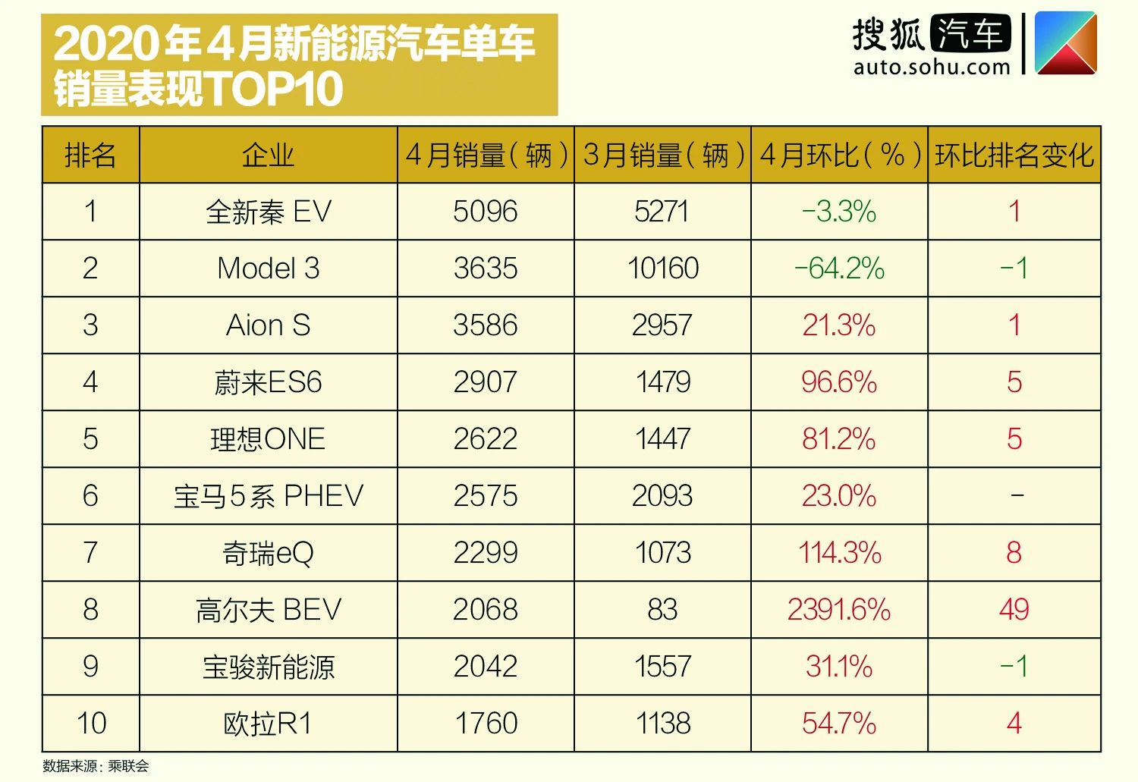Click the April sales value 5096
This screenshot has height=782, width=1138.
[x=486, y=212]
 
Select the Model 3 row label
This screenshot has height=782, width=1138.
[x=269, y=269]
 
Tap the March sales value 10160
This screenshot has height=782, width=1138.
[x=662, y=269]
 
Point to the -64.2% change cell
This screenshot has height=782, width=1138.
[x=839, y=269]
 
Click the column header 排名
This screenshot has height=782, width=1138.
[x=90, y=155]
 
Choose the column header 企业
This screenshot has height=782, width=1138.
[x=269, y=155]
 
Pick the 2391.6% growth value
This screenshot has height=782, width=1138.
[x=839, y=610]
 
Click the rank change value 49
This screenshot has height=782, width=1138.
[x=1014, y=610]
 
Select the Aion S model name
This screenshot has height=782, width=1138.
[x=269, y=325]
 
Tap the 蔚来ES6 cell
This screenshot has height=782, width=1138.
[x=269, y=382]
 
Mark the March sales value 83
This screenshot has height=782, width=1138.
[x=662, y=610]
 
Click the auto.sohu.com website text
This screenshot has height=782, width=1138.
[x=932, y=68]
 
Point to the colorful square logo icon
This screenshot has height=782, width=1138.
[x=1066, y=43]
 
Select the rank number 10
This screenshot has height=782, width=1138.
[x=91, y=724]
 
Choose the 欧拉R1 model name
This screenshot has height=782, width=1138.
[x=269, y=724]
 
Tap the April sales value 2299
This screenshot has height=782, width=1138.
[x=486, y=553]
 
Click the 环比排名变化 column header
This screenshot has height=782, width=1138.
[x=1014, y=155]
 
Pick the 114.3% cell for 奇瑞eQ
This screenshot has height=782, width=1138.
[x=839, y=553]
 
